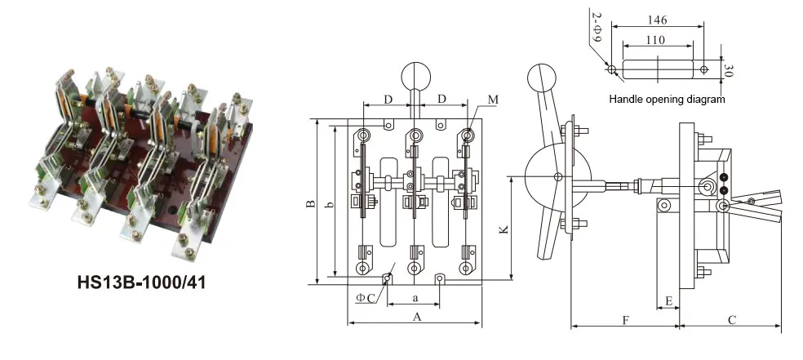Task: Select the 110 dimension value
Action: (x=654, y=40)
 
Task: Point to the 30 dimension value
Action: (x=726, y=69)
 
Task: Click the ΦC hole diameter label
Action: (x=366, y=298)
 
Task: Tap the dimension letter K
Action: (x=504, y=231)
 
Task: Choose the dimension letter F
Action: (x=625, y=320)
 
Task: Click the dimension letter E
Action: (x=669, y=301)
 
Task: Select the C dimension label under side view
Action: (x=731, y=319)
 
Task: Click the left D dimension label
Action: (x=388, y=99)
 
